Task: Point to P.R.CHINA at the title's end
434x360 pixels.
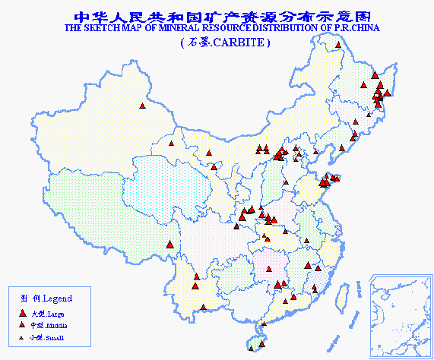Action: [356, 28]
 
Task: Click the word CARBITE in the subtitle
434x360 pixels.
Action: [238, 43]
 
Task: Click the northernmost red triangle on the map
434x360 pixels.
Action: [338, 45]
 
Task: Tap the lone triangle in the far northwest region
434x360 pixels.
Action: [142, 106]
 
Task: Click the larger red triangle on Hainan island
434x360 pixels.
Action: [263, 327]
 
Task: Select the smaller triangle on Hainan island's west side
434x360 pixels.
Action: [252, 341]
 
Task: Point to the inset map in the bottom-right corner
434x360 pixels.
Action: [398, 315]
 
